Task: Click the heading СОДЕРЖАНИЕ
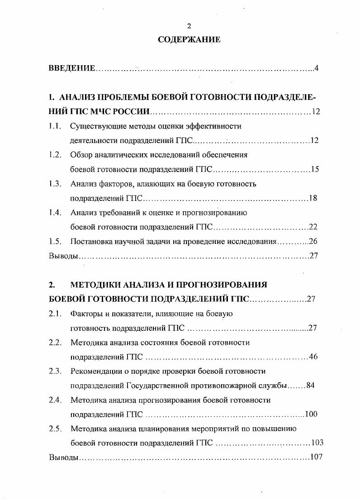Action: pos(189,40)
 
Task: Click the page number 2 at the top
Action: pos(189,26)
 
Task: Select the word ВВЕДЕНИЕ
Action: pos(72,68)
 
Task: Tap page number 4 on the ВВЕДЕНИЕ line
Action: pos(317,68)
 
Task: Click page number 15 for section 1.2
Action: pos(315,170)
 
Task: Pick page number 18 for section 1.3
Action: pos(313,198)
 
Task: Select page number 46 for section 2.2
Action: pos(313,357)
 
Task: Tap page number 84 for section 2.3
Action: pos(310,386)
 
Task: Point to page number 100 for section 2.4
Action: pos(312,414)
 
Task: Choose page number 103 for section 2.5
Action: pos(317,443)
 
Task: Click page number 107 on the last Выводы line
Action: pos(316,457)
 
